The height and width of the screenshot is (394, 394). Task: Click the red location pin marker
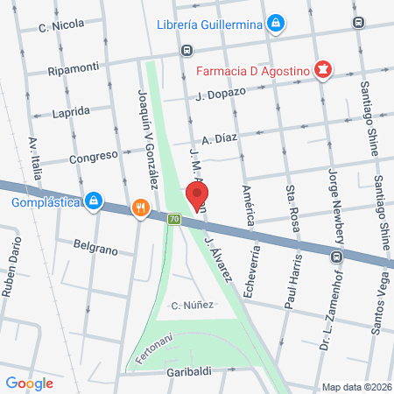(198, 195)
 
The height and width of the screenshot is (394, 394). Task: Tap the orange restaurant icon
(138, 208)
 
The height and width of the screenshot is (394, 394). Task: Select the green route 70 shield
(174, 219)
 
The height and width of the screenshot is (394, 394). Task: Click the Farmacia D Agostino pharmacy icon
(323, 68)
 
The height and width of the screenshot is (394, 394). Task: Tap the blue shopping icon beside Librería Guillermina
(276, 24)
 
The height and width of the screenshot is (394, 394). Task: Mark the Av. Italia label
(35, 158)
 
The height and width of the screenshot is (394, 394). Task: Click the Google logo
(29, 382)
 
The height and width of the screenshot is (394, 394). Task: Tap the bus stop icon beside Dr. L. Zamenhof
(335, 257)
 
